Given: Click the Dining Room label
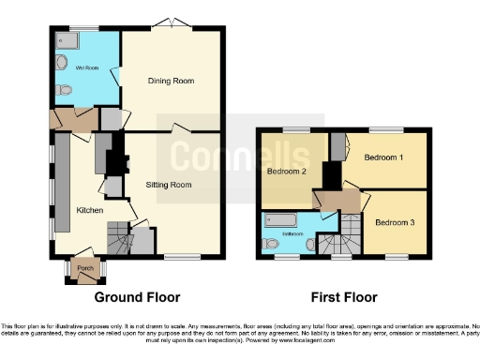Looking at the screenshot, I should pos(172,82).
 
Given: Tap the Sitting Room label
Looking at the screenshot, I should pos(169,185).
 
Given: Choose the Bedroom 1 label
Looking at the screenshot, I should pos(383,157).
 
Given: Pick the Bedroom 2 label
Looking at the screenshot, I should pos(287,172).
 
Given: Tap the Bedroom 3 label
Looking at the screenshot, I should pos(394,222).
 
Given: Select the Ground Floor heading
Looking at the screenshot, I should pos(137,297).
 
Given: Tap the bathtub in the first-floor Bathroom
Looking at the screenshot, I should pos(280,221).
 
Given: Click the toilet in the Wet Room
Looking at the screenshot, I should pos(62,90).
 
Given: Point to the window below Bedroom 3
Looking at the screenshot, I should pos(395,255).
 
